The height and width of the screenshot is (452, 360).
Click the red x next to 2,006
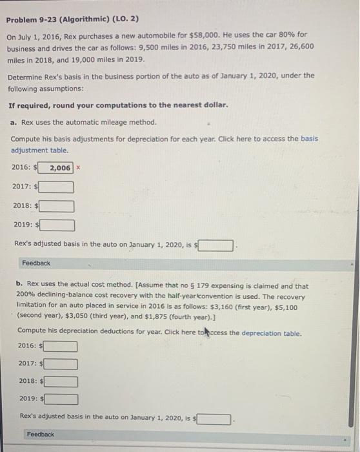click(x=79, y=167)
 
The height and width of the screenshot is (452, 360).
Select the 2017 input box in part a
click(x=57, y=187)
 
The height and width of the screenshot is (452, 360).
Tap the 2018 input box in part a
click(x=57, y=207)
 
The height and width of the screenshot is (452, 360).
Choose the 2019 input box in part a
click(x=57, y=225)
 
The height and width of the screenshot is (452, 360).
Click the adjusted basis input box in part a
click(x=216, y=245)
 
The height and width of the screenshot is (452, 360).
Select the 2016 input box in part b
click(x=60, y=346)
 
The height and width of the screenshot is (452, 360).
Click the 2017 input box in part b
click(x=60, y=364)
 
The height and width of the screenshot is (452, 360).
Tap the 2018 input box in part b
click(x=60, y=381)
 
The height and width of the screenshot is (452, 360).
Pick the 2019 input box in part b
click(x=60, y=398)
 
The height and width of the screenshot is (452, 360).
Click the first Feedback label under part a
click(x=36, y=263)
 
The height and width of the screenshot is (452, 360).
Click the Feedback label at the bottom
click(x=41, y=435)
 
